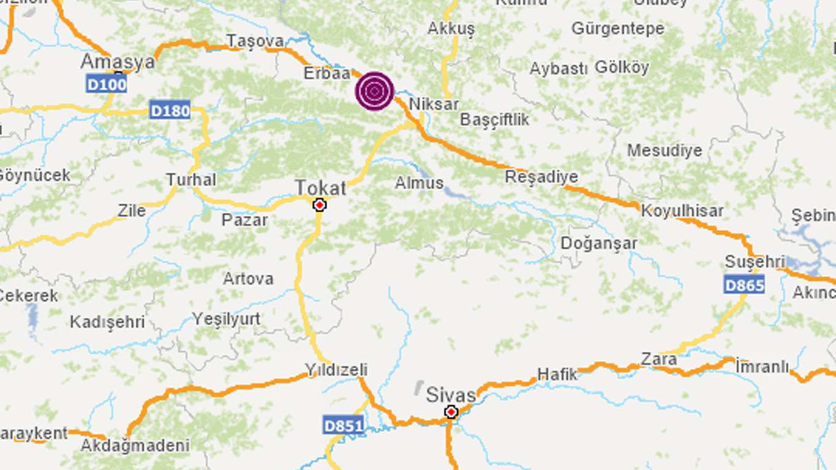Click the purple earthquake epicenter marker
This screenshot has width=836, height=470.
374,91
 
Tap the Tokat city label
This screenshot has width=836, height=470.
320,188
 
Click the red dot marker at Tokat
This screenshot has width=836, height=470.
319,206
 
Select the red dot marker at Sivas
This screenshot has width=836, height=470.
451,412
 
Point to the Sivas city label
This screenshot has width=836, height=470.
451,395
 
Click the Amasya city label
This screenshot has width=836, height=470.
118,62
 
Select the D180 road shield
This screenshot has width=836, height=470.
170,110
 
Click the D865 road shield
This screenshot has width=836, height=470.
744,284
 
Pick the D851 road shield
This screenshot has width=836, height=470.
343,426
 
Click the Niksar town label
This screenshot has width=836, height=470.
434,104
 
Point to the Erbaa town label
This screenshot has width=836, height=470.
327,74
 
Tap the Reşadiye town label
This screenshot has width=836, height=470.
541,177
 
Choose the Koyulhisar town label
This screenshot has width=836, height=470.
682,211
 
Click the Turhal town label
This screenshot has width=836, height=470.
191,180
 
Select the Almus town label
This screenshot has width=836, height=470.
419,183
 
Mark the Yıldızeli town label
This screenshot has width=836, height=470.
337,370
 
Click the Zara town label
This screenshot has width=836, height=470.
658,358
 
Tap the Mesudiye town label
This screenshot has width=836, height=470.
664,151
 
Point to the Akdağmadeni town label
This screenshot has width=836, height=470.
135,446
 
